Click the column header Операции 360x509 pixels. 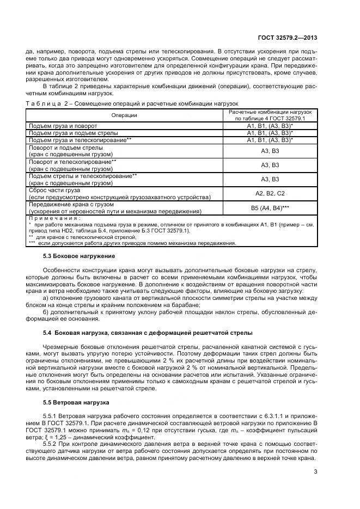[124, 115]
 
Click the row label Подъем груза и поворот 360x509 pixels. [63, 126]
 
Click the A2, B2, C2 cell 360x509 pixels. [270, 193]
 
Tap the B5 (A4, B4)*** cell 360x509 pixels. [270, 207]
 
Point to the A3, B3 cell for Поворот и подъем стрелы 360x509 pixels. [270, 151]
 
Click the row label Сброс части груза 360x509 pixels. [54, 190]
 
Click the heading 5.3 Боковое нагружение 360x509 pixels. [79, 256]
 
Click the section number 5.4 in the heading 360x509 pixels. [47, 332]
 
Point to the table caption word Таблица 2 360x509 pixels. [46, 103]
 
